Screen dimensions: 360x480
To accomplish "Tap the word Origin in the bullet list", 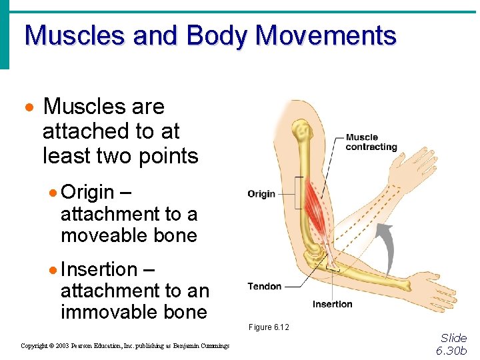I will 87,192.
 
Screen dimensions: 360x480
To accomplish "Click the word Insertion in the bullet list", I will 99,269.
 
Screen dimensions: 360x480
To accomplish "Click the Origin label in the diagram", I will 261,194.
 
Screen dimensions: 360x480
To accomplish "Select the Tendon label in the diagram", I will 265,286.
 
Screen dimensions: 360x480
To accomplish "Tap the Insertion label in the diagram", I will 332,304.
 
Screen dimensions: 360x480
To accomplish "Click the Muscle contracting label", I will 371,142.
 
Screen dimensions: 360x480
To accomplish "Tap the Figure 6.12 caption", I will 269,327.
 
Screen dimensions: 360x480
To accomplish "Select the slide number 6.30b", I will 451,350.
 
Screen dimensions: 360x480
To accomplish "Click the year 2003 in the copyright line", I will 63,346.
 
